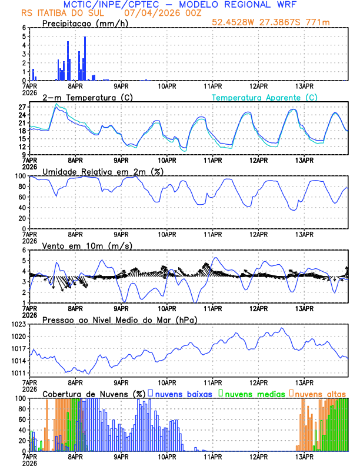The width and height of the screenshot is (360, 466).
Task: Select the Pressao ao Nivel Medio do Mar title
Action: [119, 320]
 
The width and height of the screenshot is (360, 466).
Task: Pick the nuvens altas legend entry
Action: [320, 394]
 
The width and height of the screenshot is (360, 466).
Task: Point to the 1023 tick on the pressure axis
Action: [20, 324]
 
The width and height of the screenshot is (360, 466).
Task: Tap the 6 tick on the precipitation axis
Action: [24, 28]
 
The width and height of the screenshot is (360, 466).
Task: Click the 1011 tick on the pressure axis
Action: [20, 373]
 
